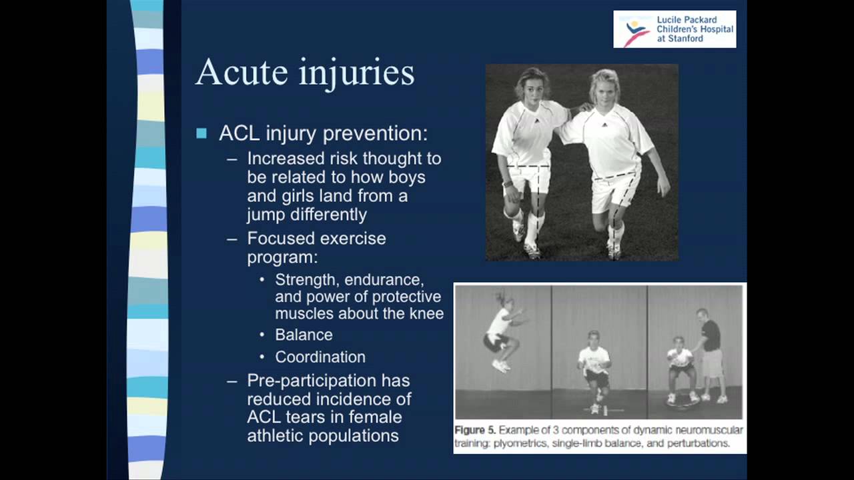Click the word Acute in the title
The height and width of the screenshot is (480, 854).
pyautogui.click(x=242, y=72)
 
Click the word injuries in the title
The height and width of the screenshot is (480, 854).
pyautogui.click(x=357, y=74)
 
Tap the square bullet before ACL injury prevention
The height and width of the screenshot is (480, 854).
pyautogui.click(x=201, y=133)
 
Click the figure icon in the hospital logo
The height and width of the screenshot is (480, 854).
pyautogui.click(x=636, y=33)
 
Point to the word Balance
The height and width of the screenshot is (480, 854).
pyautogui.click(x=304, y=335)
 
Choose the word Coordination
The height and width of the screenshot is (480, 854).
pyautogui.click(x=320, y=357)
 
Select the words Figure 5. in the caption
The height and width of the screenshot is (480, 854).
pyautogui.click(x=475, y=431)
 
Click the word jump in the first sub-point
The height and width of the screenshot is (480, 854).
pyautogui.click(x=266, y=215)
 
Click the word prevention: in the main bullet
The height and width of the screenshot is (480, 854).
pyautogui.click(x=375, y=134)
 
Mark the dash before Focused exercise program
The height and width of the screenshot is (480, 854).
pyautogui.click(x=232, y=239)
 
